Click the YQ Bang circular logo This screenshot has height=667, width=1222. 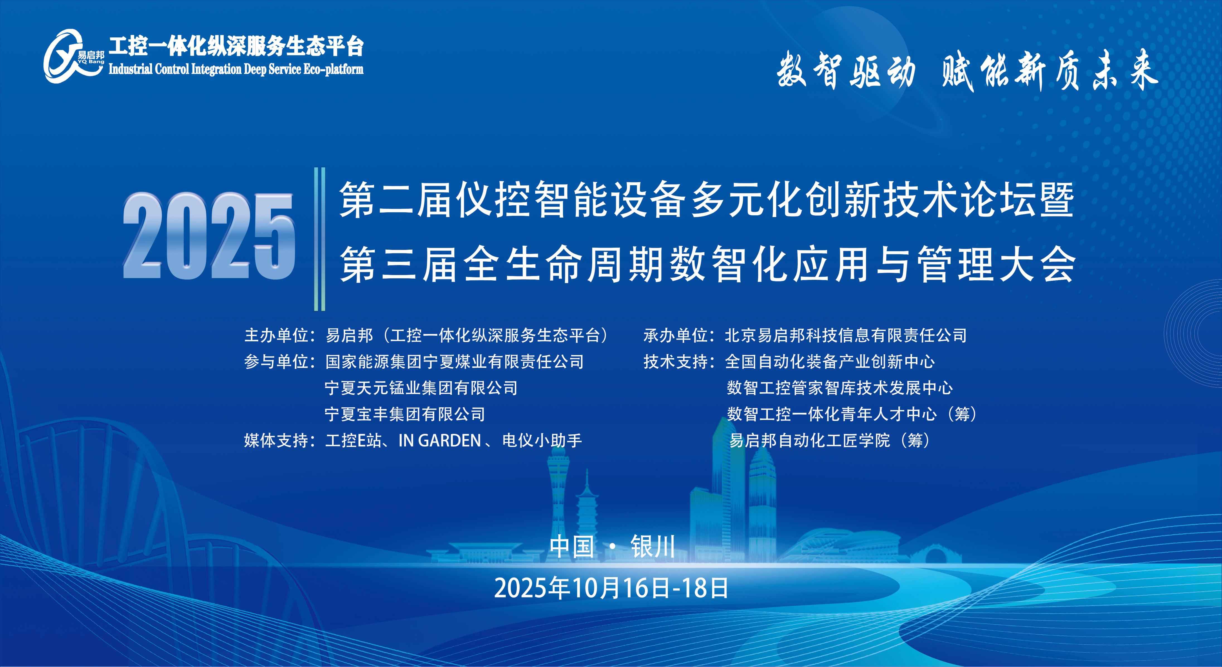click(71, 56)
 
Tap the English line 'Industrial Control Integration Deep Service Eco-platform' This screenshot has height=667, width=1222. click(236, 69)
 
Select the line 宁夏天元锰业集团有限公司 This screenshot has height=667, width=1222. click(421, 388)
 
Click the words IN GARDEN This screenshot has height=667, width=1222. click(440, 440)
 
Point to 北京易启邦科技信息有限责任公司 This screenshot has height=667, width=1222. click(845, 336)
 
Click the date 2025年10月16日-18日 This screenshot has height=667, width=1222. click(611, 588)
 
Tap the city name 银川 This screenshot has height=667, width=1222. click(653, 546)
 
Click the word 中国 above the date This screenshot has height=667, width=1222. click(572, 546)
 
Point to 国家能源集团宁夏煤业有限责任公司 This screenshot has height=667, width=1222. click(454, 362)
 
